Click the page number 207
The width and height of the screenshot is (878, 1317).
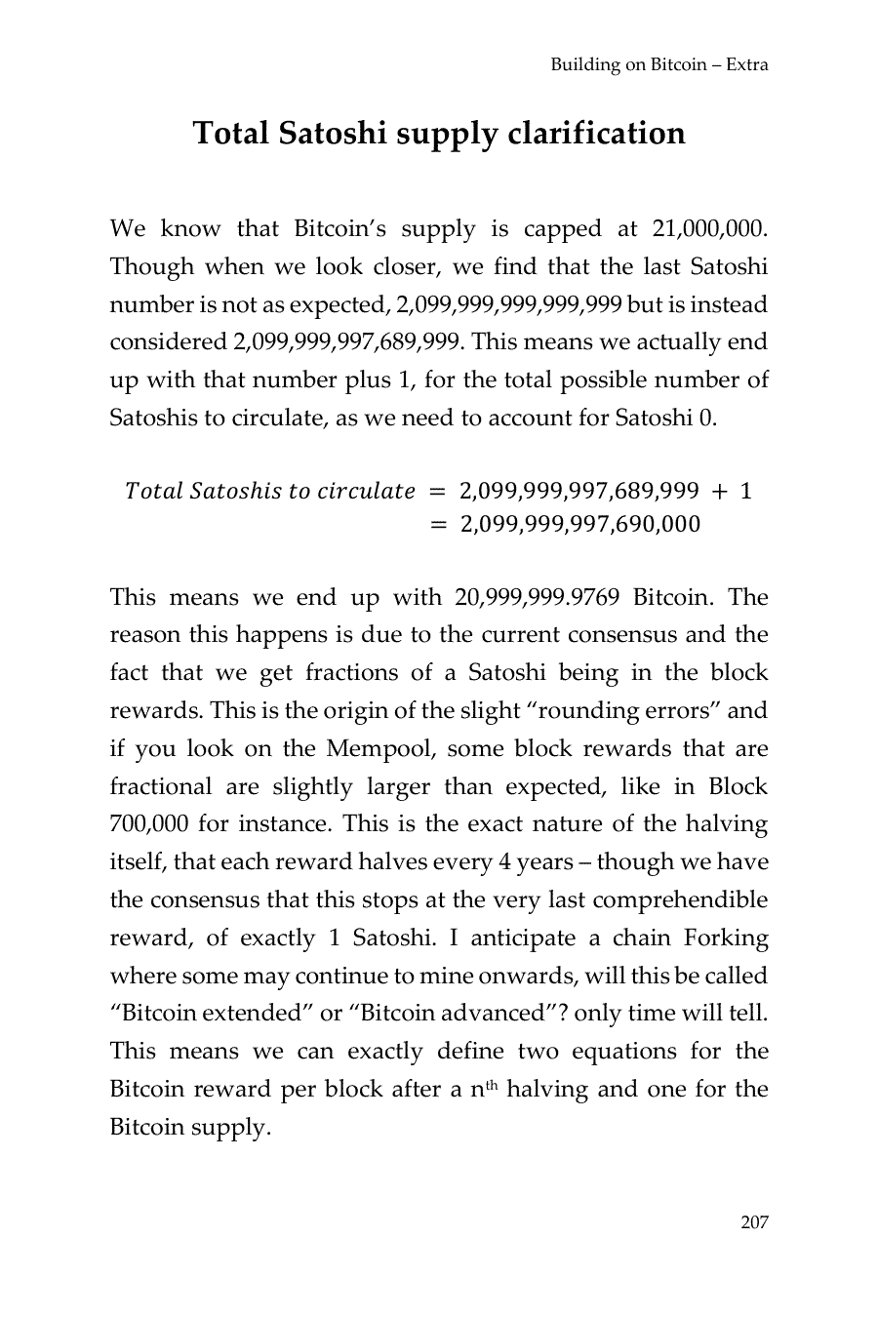point(754,1222)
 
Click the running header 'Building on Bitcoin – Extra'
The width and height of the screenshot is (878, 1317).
point(659,65)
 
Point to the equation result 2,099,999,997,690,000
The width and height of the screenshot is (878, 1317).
point(579,525)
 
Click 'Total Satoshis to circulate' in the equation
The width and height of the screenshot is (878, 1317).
point(270,491)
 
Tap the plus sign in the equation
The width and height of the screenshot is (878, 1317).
point(720,491)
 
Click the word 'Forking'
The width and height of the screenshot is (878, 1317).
point(726,938)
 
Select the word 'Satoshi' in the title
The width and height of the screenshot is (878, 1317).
point(333,133)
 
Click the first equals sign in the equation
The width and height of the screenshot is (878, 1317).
point(438,491)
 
